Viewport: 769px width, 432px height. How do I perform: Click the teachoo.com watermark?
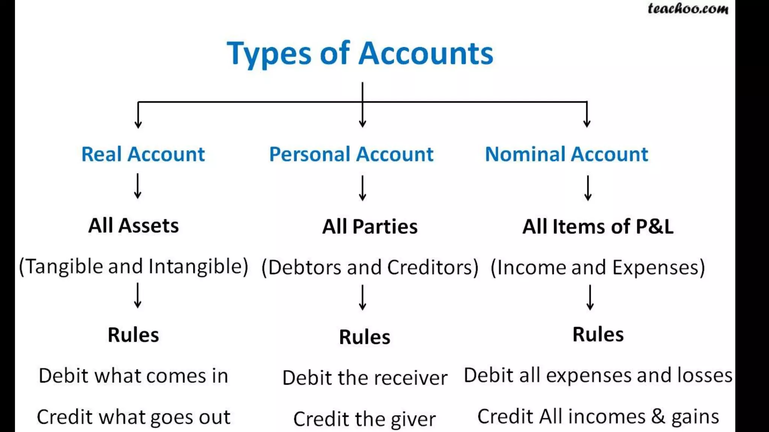click(x=688, y=9)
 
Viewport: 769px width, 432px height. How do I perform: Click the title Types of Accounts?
click(x=360, y=53)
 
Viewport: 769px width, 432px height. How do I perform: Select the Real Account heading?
click(x=143, y=154)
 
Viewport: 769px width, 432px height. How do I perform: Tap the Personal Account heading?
click(x=351, y=154)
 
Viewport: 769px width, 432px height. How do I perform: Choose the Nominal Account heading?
click(x=566, y=154)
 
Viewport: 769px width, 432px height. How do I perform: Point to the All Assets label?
click(x=133, y=226)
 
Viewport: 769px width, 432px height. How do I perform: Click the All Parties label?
click(x=370, y=227)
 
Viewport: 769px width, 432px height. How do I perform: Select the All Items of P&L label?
click(x=598, y=227)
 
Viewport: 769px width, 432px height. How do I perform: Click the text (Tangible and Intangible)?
click(x=133, y=267)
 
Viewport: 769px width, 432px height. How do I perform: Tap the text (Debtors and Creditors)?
click(x=370, y=267)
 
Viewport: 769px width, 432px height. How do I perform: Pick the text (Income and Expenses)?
click(x=598, y=267)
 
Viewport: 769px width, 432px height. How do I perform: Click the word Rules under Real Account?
click(x=133, y=335)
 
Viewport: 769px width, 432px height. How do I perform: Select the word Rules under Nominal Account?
click(x=598, y=334)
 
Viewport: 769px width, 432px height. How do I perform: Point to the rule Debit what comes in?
click(x=133, y=376)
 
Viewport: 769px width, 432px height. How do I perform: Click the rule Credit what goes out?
click(x=133, y=417)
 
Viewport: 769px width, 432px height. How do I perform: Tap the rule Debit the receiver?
click(x=365, y=378)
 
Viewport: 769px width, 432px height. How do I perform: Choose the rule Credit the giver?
click(x=365, y=419)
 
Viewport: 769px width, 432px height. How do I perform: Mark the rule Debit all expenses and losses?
click(x=598, y=375)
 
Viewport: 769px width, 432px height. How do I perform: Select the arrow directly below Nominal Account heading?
click(x=588, y=188)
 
